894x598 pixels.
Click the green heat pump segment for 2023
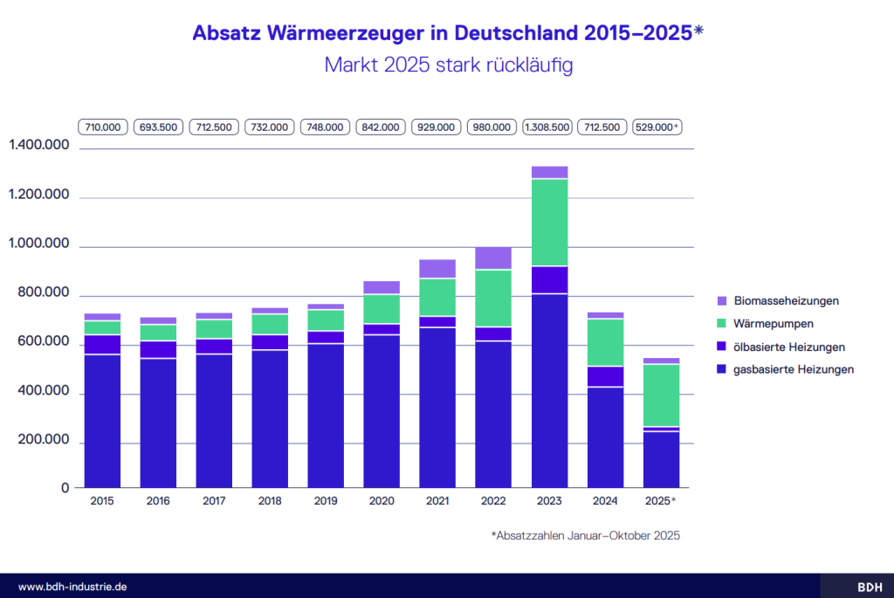point(549,222)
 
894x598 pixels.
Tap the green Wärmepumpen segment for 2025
point(661,395)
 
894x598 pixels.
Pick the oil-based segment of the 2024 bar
point(605,376)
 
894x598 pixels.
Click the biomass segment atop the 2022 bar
point(493,258)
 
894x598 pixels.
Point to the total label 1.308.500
point(547,127)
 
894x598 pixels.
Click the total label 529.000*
point(657,127)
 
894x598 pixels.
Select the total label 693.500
point(158,127)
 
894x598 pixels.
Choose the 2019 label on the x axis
point(326,502)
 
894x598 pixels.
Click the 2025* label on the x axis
point(661,502)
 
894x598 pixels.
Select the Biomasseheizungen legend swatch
point(721,301)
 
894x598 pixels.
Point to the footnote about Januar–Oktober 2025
point(585,536)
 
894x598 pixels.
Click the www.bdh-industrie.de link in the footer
point(72,587)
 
